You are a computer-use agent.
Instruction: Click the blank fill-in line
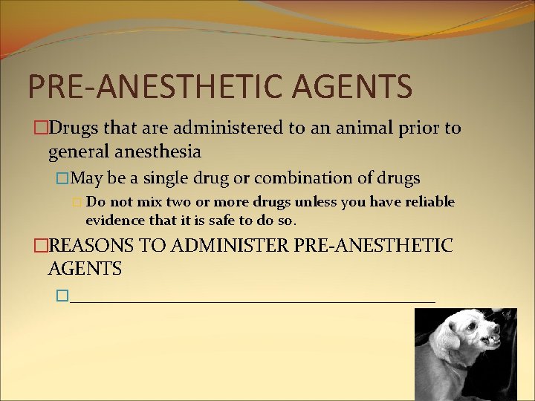pos(253,299)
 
